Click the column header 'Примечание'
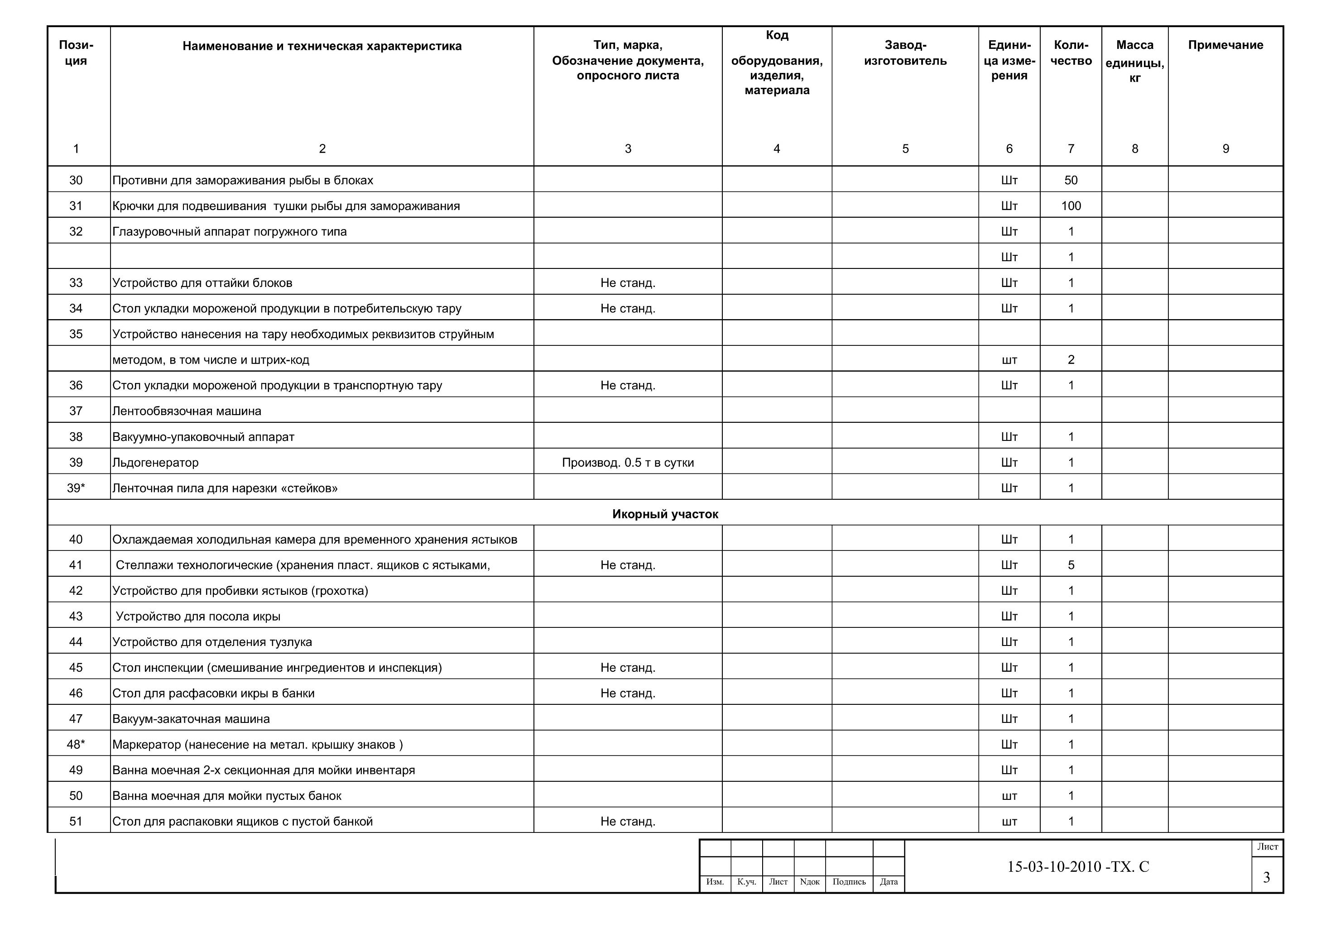click(1225, 45)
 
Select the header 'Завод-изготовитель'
click(905, 53)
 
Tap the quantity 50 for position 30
click(1071, 180)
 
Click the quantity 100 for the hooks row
click(1071, 206)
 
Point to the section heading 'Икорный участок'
click(665, 514)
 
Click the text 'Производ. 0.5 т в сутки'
click(628, 463)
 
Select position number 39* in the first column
click(76, 488)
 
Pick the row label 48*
click(76, 744)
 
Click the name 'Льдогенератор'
click(155, 463)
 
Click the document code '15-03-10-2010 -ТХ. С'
click(1078, 866)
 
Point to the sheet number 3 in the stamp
click(1267, 878)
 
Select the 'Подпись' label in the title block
click(849, 882)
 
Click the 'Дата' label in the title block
click(889, 882)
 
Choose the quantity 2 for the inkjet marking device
click(1071, 360)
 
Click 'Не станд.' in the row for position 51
click(628, 822)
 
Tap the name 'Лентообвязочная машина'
click(187, 411)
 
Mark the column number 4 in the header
click(777, 149)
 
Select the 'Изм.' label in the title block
click(715, 882)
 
